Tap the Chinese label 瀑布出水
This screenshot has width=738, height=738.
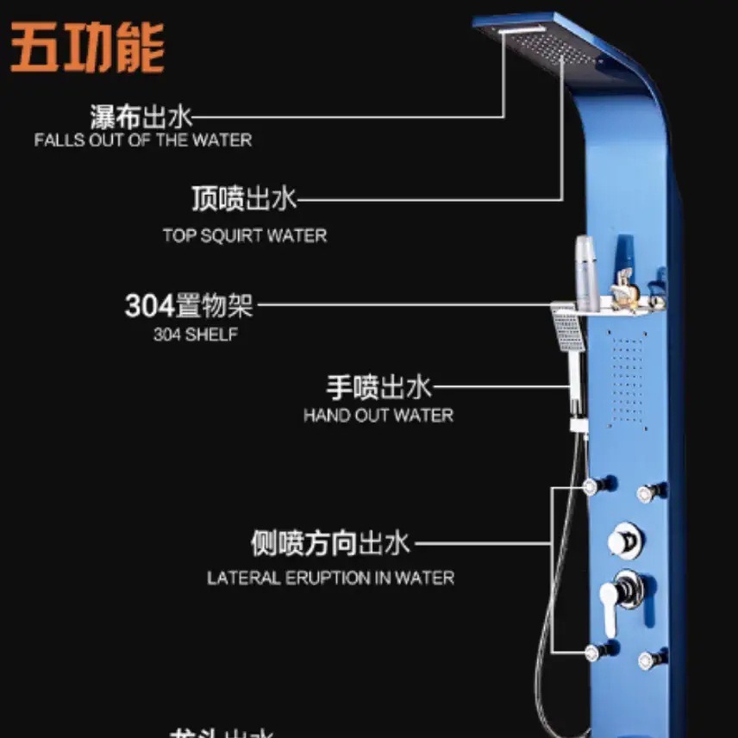[141, 116]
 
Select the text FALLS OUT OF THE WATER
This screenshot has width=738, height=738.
[143, 140]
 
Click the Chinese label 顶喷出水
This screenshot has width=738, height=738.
[244, 199]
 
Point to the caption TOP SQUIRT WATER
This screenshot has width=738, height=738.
[245, 235]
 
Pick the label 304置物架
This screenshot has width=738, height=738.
[189, 305]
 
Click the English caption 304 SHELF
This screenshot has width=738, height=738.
[195, 335]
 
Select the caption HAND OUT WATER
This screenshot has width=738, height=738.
[378, 416]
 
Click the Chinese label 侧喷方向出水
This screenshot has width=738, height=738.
[330, 544]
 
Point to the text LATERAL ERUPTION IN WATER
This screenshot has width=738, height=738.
[330, 578]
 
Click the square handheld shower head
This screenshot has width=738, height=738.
[566, 331]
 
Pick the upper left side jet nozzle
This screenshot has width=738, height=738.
[592, 487]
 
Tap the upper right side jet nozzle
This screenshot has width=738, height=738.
[647, 493]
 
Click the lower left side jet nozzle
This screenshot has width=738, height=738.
[592, 652]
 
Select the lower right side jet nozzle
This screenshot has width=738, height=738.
[647, 660]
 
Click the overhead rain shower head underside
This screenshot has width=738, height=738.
[539, 43]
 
